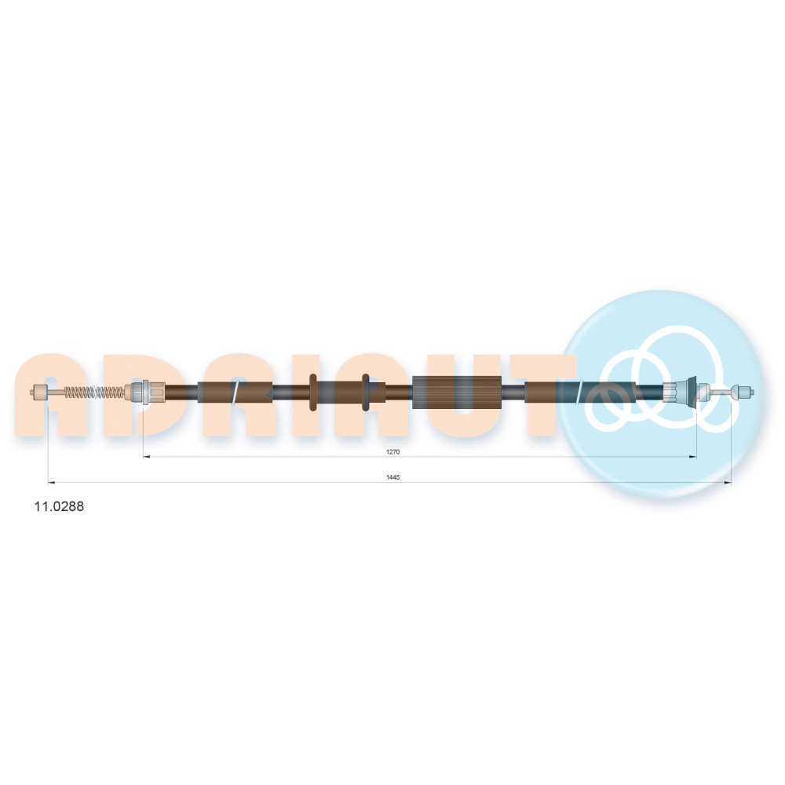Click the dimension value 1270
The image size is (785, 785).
click(392, 451)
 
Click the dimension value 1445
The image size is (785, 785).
click(392, 477)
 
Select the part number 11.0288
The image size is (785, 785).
click(59, 506)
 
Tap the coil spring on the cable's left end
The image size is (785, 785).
click(94, 392)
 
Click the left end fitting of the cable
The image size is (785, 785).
click(39, 392)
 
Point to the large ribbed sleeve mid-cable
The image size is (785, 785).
click(457, 392)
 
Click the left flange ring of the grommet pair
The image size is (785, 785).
click(313, 392)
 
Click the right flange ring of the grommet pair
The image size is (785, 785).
click(366, 392)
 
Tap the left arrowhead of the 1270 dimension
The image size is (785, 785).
click(146, 457)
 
